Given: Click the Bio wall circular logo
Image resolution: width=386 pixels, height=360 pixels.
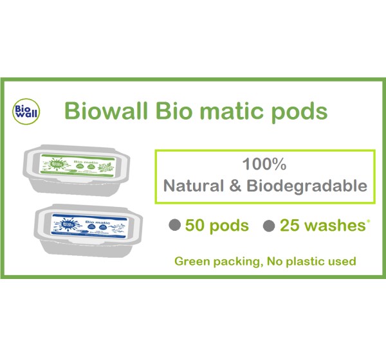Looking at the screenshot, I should coord(26,111).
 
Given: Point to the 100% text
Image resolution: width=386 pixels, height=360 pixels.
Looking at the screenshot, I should coord(265,165).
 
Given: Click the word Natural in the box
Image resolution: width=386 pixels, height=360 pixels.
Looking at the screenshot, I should coord(194,186).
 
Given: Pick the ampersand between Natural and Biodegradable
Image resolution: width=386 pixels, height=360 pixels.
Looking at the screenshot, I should coord(235,186).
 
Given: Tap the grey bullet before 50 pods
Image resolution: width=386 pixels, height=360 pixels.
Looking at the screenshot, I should coord(174,226).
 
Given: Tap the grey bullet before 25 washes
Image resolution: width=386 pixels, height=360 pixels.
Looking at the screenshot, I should coord(270,226).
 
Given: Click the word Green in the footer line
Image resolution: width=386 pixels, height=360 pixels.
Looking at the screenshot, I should coord(192,262).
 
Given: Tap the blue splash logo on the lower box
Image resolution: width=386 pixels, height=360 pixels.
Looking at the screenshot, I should coord(64,226).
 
